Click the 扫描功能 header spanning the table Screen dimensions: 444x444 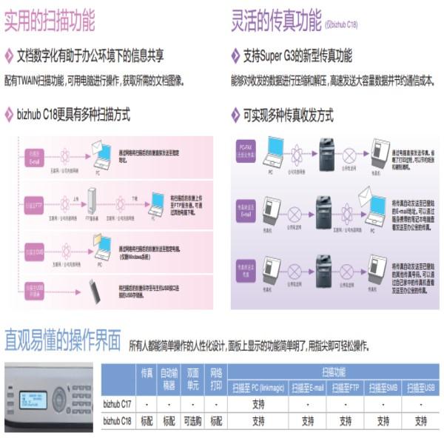click(x=333, y=372)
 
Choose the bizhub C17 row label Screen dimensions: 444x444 click(x=117, y=404)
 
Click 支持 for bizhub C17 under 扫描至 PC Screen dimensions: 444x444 click(x=258, y=404)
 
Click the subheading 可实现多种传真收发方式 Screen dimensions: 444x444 click(x=288, y=115)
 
